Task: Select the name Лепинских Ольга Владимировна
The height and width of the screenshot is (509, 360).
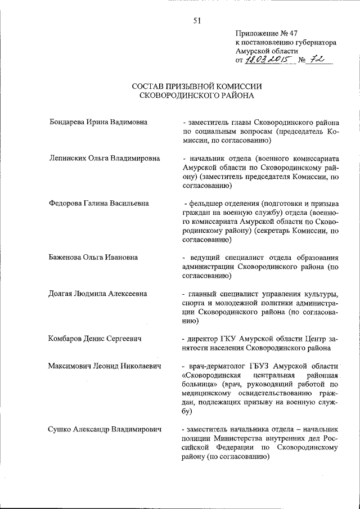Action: tap(105, 159)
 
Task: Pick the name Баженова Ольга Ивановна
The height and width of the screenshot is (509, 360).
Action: tap(94, 257)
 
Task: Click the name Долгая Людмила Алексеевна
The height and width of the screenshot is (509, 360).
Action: tap(98, 294)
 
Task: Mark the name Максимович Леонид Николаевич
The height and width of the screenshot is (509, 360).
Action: tap(105, 366)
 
